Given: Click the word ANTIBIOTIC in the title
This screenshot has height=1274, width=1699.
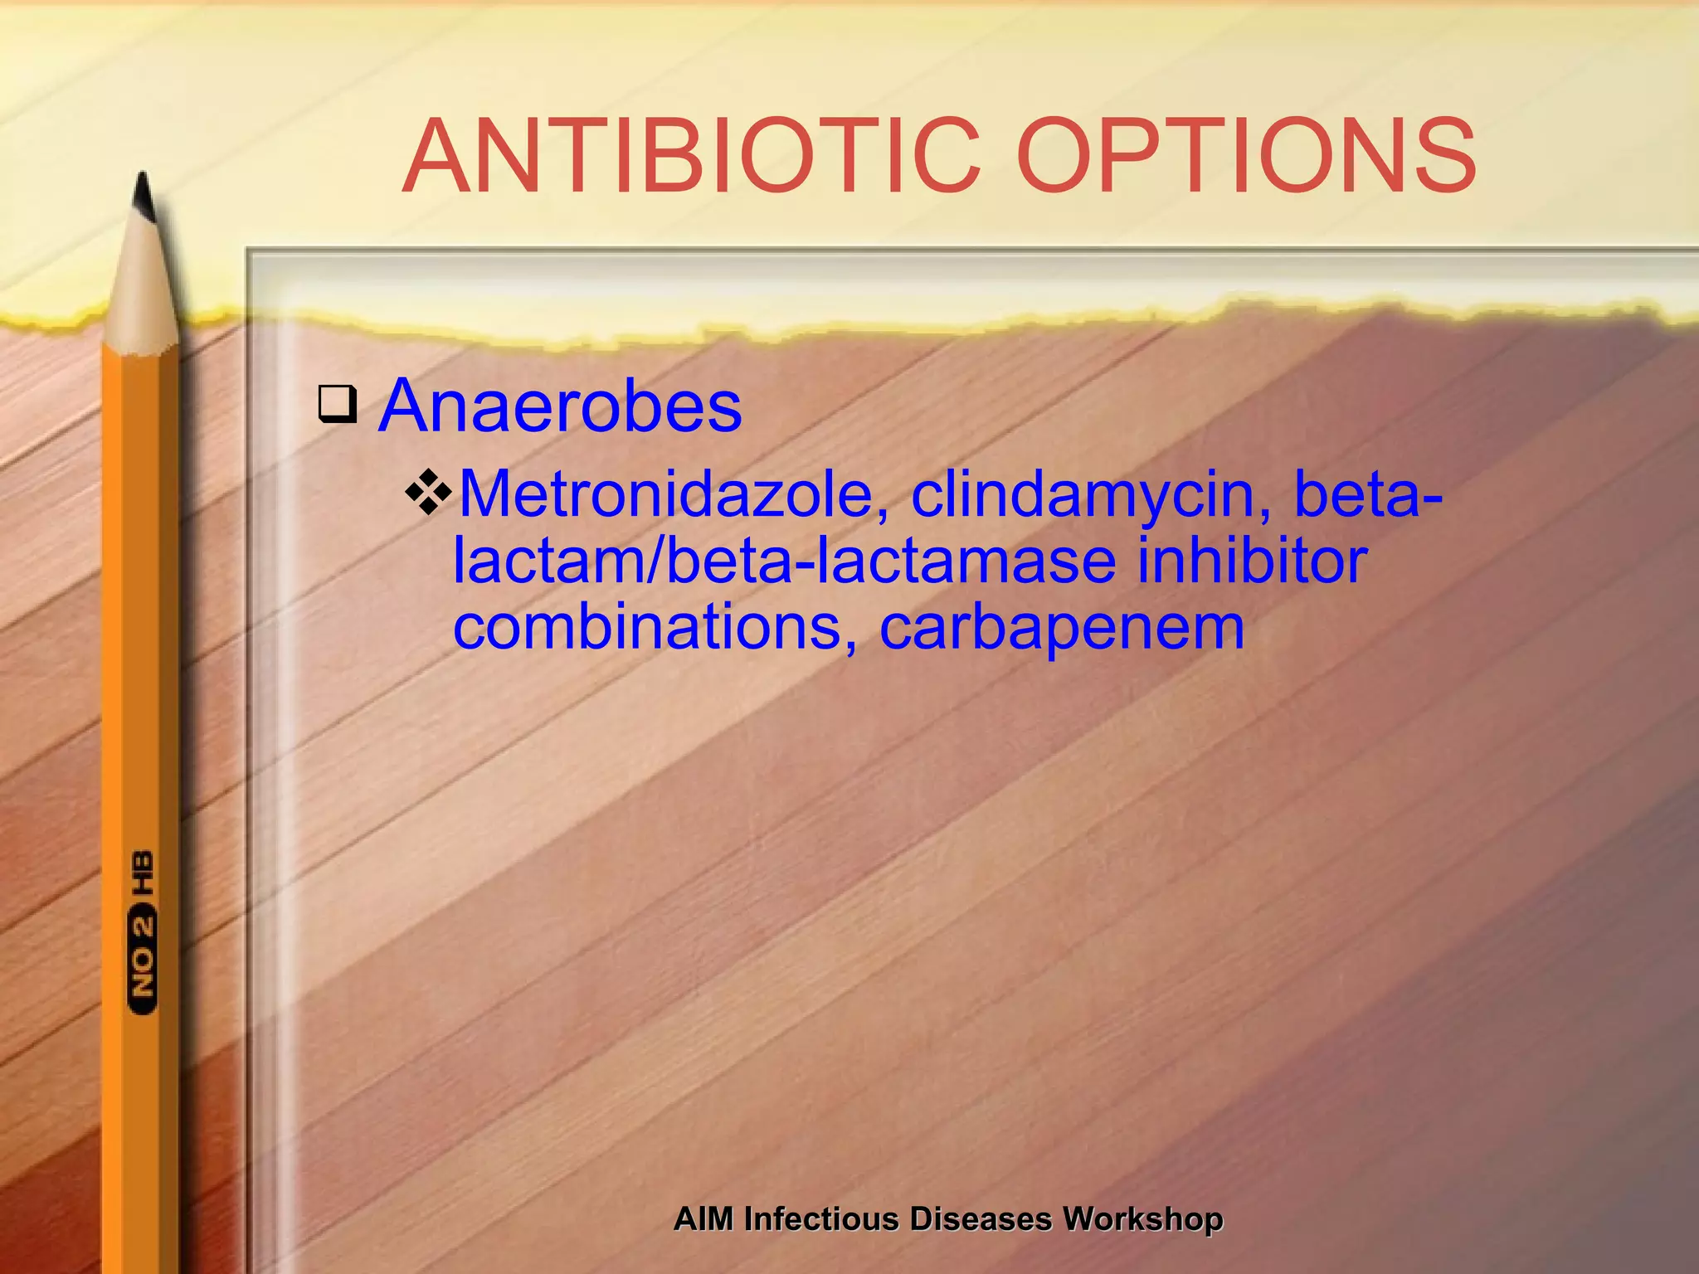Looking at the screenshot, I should (x=693, y=156).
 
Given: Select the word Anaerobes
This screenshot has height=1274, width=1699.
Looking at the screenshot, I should (x=560, y=406).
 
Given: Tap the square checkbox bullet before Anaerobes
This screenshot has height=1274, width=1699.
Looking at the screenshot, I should (x=338, y=404).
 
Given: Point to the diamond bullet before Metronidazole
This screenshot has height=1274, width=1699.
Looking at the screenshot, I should (x=429, y=492).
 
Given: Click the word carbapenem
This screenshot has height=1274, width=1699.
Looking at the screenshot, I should (x=1061, y=629).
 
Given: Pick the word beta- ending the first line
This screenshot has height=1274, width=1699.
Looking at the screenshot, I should (x=1368, y=494).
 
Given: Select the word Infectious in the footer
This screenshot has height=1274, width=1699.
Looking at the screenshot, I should (x=821, y=1219).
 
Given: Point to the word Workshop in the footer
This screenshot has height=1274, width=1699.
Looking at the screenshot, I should (x=1142, y=1219).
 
